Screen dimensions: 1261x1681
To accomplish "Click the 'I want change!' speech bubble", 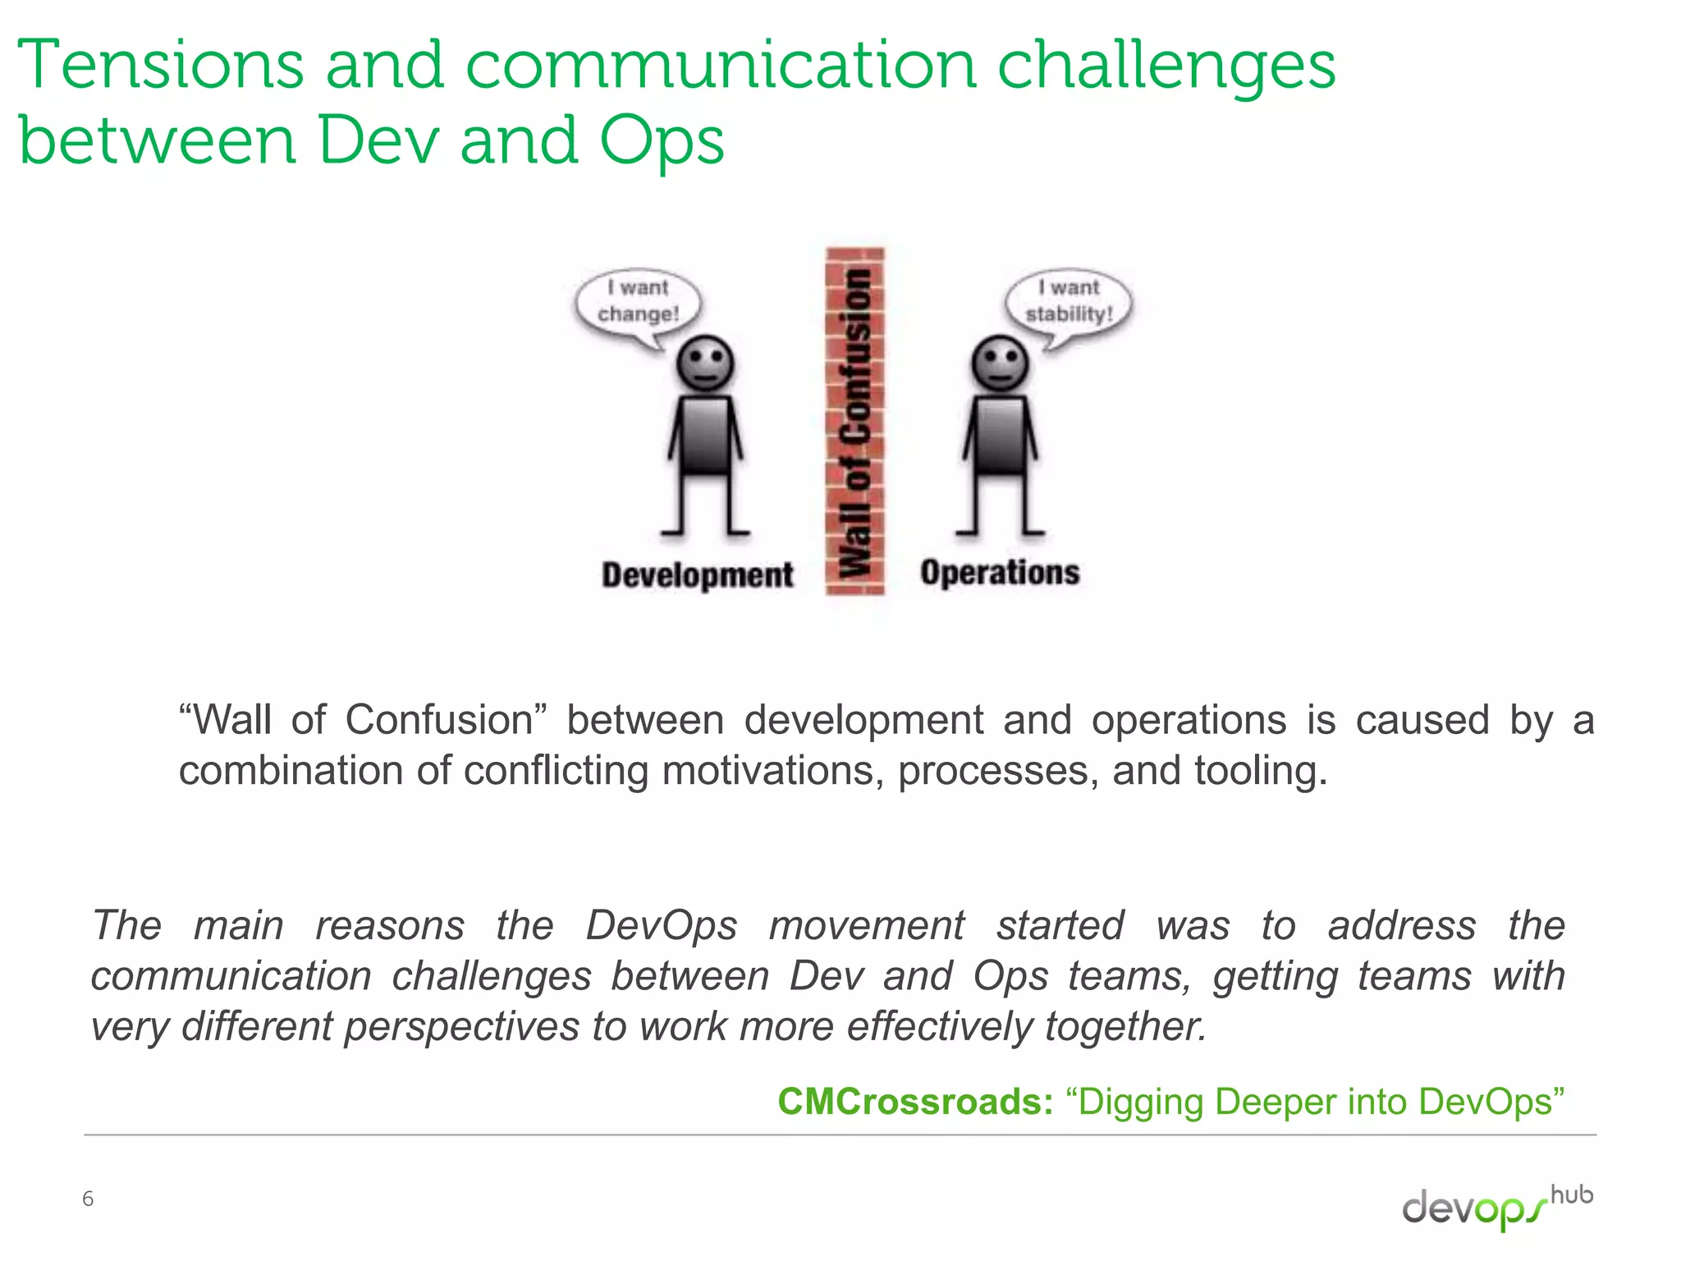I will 639,301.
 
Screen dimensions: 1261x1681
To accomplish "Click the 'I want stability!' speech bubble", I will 1069,301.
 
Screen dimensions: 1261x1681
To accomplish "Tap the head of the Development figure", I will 705,363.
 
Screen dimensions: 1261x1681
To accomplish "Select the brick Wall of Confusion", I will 854,421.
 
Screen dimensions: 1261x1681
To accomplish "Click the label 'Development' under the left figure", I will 698,575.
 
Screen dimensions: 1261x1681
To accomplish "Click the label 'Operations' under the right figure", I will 1000,572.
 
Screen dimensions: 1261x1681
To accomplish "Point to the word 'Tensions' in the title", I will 161,66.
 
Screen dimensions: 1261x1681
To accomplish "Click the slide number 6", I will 88,1199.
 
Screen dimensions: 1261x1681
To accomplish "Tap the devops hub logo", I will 1496,1207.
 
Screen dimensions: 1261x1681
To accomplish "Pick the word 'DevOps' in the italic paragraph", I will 662,926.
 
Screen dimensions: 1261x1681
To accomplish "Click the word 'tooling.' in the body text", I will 1261,771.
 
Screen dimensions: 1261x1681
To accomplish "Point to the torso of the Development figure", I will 705,436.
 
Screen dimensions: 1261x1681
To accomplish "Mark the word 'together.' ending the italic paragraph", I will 1125,1027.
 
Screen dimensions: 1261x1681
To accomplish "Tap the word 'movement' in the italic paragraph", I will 867,926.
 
